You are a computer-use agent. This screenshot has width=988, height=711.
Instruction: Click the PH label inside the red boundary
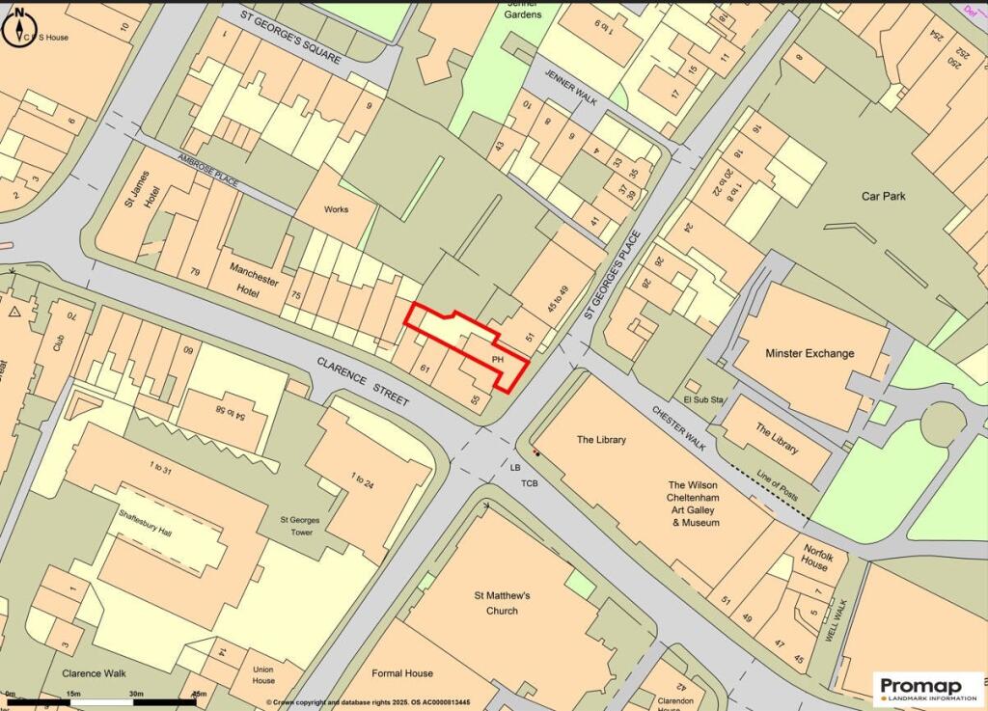[x=498, y=359]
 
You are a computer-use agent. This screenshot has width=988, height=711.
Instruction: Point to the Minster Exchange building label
[x=810, y=353]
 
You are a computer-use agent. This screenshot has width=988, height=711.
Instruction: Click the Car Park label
[x=887, y=196]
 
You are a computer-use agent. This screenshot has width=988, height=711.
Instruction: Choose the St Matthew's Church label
[x=502, y=603]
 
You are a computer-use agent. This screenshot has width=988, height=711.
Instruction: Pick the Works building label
[x=336, y=209]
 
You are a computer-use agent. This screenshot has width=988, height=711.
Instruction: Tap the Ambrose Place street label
[x=207, y=171]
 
